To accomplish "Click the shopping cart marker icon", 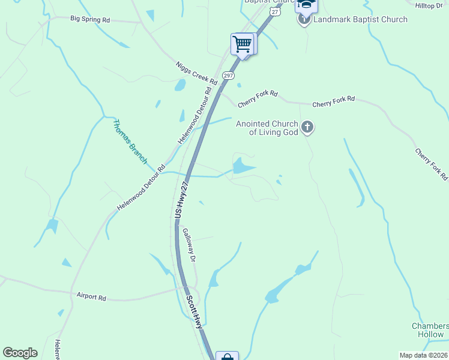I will click(x=243, y=44).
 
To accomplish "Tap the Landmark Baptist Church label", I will click(x=360, y=19).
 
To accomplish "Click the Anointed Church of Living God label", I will click(x=267, y=128).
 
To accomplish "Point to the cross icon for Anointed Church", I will click(x=307, y=127).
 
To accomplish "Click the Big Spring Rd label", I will click(x=90, y=19).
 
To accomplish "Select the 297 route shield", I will click(x=228, y=75).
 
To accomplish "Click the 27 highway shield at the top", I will click(x=274, y=11).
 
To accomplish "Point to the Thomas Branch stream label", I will click(x=130, y=142).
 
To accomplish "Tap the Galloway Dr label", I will click(x=189, y=245).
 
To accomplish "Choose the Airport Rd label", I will click(x=91, y=296).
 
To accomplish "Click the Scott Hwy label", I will click(x=194, y=311).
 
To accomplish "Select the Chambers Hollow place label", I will click(x=430, y=331).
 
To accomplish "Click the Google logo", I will click(x=20, y=353).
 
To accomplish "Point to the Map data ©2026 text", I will click(x=424, y=355).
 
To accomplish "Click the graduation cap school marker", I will click(x=306, y=5).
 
